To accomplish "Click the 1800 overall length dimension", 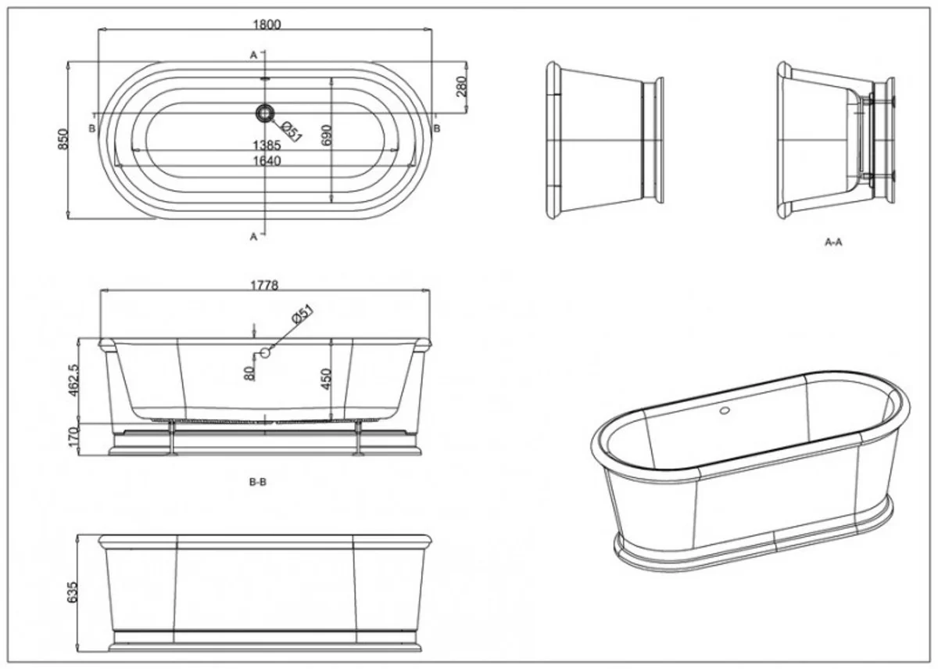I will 266,24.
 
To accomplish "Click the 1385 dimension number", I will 266,146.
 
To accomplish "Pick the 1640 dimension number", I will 266,160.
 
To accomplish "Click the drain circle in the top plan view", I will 265,113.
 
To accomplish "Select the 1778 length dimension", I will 266,286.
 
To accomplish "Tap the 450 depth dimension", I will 327,379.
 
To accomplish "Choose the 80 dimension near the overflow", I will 249,373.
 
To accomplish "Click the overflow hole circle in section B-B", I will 265,353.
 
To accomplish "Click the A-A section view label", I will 833,243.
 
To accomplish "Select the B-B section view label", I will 258,483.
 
